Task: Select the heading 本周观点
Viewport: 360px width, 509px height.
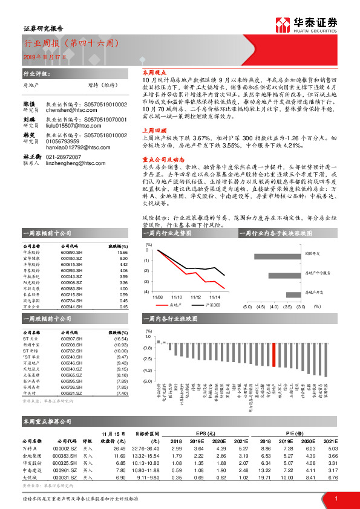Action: pos(154,71)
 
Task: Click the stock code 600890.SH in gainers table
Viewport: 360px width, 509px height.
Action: pos(72,253)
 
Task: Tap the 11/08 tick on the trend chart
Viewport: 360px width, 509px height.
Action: pos(159,297)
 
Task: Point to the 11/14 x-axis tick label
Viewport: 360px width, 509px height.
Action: pos(215,297)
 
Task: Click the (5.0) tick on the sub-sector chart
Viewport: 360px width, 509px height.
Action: pos(247,306)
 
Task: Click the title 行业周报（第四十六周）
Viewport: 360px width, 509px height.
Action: pos(70,44)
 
